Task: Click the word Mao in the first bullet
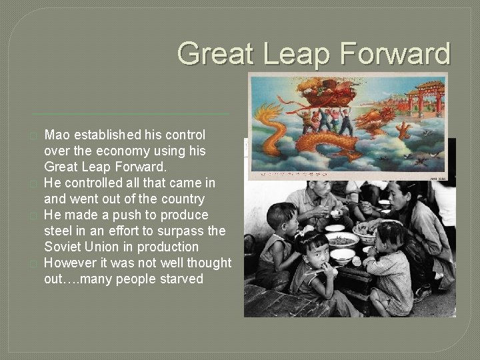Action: click(x=58, y=135)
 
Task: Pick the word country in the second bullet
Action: click(x=179, y=199)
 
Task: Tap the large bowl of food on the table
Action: click(x=341, y=239)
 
